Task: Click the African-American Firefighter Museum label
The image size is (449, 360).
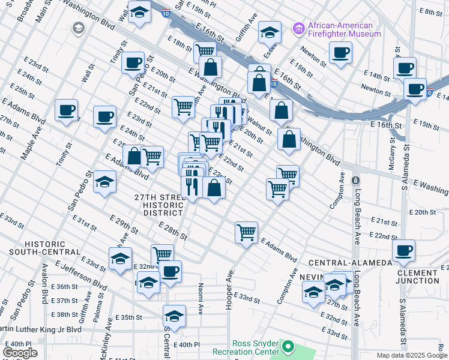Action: point(344,29)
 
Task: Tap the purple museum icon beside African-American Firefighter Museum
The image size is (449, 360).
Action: point(298,29)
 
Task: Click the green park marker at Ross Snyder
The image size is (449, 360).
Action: point(288,346)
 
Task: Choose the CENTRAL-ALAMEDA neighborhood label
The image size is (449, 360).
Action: point(351,263)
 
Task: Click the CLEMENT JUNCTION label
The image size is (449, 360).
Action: point(418,277)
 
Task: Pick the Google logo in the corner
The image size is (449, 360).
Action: point(19,353)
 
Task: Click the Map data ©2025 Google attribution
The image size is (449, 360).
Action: point(411,355)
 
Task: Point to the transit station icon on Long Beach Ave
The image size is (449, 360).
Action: point(355,180)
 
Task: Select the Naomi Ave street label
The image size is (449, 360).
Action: point(200,295)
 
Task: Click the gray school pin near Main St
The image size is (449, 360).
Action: point(78,28)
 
